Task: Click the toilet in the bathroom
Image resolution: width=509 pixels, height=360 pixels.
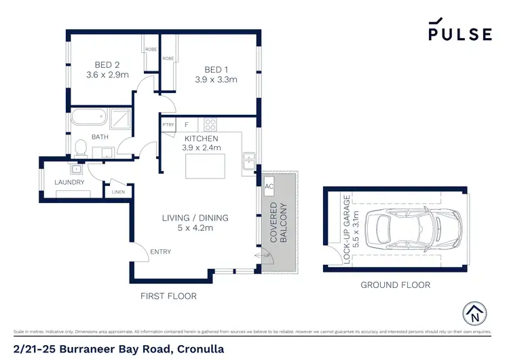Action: (x=81, y=145)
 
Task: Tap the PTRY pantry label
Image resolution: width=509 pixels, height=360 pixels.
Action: (x=168, y=125)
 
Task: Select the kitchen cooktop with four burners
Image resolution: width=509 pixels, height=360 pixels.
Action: (x=210, y=125)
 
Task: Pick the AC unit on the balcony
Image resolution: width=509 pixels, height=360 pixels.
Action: (x=269, y=186)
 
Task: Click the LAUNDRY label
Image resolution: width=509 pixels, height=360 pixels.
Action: (x=69, y=183)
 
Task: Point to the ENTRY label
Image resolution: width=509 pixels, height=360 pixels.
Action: (x=161, y=252)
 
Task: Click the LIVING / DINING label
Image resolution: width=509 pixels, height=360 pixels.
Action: (x=195, y=218)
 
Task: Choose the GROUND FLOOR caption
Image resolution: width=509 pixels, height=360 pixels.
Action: (x=395, y=285)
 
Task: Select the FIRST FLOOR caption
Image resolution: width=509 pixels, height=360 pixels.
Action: (x=168, y=296)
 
